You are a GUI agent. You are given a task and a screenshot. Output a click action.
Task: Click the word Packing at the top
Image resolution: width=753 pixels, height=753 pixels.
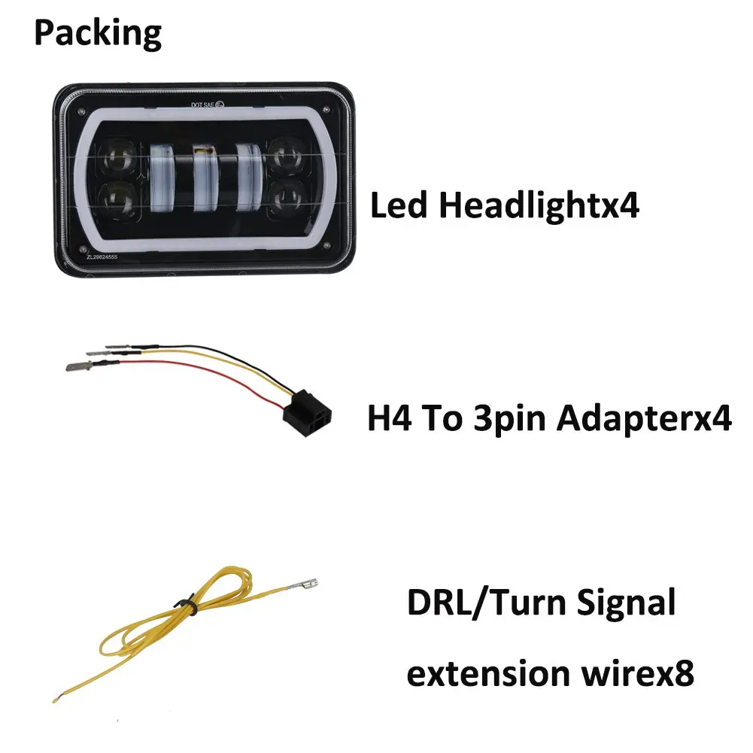(98, 34)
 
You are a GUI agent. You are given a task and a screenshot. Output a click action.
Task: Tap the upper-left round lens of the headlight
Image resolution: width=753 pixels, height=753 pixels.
(117, 157)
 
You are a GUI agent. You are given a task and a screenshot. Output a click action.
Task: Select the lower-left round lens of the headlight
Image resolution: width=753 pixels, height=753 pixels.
(117, 199)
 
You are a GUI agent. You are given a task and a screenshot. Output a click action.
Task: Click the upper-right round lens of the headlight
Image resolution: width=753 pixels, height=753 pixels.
(287, 156)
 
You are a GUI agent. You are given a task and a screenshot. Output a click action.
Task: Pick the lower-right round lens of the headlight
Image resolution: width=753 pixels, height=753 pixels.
(287, 199)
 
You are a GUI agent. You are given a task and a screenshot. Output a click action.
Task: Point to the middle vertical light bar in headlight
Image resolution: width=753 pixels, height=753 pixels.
(205, 178)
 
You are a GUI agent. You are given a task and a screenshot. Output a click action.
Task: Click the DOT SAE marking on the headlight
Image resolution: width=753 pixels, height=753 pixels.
(208, 105)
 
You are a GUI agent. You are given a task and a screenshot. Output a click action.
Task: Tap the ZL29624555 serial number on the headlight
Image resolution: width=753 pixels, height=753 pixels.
(102, 257)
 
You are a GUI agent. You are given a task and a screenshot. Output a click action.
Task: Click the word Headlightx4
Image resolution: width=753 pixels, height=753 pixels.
(539, 205)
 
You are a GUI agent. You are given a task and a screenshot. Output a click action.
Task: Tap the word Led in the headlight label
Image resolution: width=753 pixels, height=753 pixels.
(399, 205)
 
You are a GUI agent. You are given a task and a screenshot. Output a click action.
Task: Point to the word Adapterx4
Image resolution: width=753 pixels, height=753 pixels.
(644, 420)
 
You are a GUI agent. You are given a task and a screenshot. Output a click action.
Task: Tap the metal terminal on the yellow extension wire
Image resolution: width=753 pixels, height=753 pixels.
(302, 585)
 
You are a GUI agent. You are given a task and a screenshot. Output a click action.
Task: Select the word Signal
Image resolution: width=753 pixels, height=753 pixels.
(626, 603)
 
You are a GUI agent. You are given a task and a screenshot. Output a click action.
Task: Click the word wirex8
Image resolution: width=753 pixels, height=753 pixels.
(638, 673)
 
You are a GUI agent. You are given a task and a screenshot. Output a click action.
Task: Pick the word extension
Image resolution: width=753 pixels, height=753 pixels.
(488, 673)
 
